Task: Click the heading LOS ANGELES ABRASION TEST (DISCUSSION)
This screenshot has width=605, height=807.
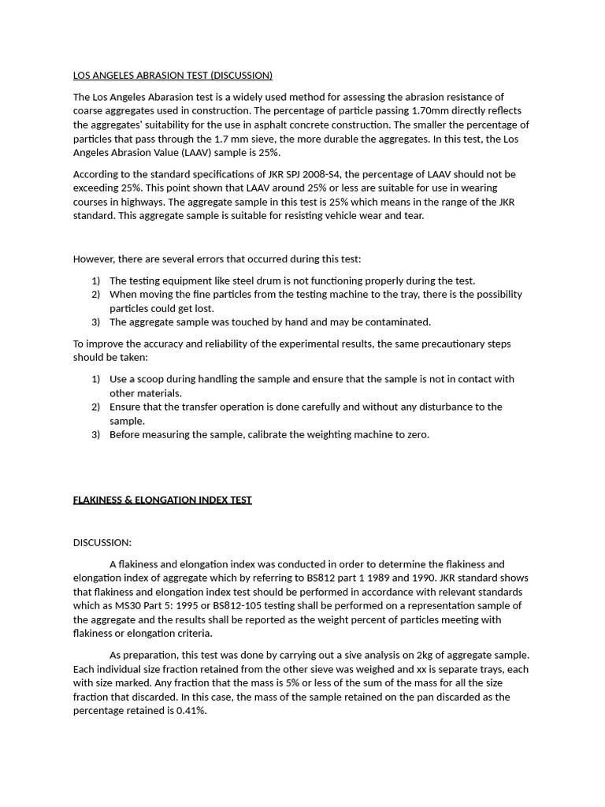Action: tap(173, 76)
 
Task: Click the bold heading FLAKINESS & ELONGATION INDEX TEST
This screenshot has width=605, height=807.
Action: tap(162, 500)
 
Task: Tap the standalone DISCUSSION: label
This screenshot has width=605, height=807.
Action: tap(102, 543)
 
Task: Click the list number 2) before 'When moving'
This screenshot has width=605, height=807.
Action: tap(95, 295)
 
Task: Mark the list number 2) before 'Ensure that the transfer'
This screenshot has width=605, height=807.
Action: tap(95, 407)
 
